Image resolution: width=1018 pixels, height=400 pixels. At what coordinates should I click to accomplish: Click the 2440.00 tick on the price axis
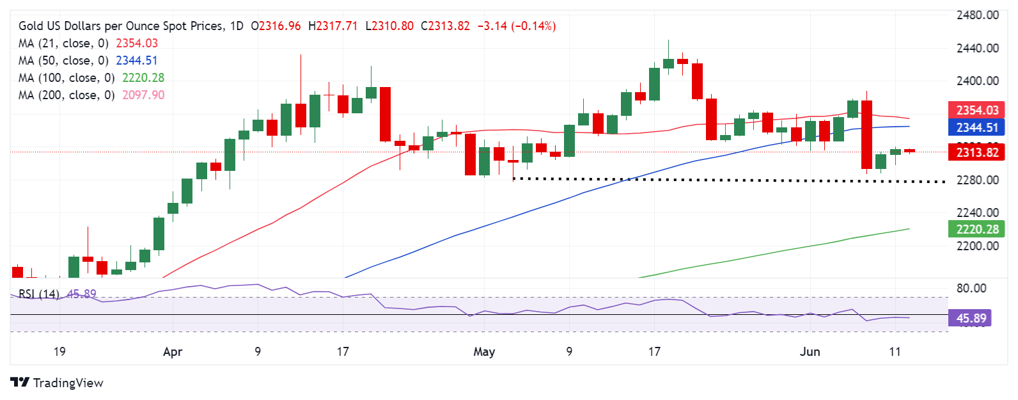click(977, 48)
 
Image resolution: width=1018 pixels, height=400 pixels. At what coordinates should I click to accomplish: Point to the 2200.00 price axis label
click(977, 246)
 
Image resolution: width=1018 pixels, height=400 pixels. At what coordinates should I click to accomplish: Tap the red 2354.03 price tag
click(976, 110)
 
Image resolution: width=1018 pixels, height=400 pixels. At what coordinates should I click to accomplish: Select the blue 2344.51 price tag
click(976, 127)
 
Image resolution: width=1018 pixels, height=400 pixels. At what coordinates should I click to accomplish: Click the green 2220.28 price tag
click(976, 229)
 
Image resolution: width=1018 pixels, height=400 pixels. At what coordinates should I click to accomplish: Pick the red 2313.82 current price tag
click(976, 152)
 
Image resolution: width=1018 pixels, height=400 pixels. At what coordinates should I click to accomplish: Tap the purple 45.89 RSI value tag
click(971, 318)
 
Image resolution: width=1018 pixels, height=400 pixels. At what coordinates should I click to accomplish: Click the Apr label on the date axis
click(173, 352)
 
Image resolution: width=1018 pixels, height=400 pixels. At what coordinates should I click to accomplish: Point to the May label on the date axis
click(484, 352)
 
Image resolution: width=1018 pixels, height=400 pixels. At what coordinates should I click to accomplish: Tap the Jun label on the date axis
click(810, 352)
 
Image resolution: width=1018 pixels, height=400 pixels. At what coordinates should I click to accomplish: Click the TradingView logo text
click(68, 383)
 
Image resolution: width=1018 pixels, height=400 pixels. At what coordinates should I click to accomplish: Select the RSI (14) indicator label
click(38, 294)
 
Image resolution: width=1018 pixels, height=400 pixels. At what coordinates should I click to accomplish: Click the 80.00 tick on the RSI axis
click(971, 288)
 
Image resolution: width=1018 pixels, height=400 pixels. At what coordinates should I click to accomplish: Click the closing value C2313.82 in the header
click(445, 26)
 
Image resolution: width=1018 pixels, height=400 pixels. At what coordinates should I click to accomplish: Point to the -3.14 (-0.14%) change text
click(517, 26)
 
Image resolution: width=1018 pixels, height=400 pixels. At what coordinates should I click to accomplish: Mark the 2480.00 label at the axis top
click(977, 15)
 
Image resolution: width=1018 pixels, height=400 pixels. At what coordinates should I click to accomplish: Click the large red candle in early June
click(866, 134)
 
